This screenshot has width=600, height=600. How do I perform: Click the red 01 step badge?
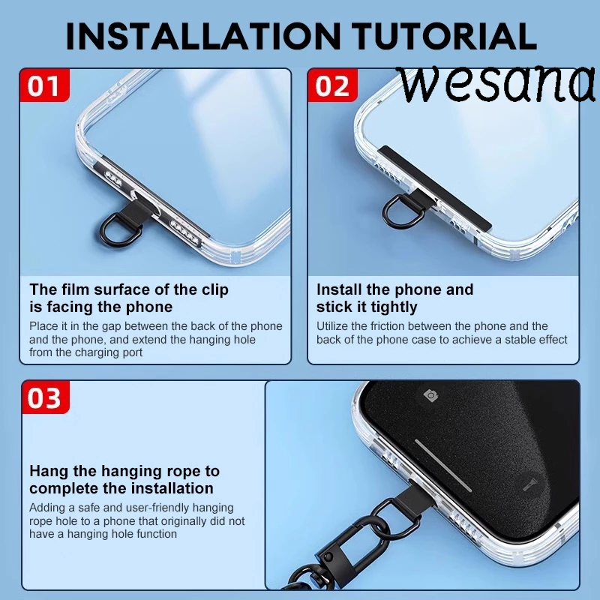[x=45, y=85]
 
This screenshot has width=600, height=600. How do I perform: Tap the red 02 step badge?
[x=332, y=85]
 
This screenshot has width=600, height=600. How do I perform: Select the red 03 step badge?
[x=46, y=397]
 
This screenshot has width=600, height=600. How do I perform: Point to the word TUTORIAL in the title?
[x=444, y=36]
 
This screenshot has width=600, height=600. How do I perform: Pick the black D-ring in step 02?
[x=403, y=211]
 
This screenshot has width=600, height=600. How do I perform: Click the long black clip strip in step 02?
[x=434, y=187]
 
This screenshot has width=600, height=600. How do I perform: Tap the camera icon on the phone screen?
[x=430, y=395]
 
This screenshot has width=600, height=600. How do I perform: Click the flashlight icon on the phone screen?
[x=530, y=484]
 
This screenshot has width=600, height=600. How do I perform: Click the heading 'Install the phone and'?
[x=395, y=289]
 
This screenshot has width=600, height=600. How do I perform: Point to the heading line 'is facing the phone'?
[x=101, y=307]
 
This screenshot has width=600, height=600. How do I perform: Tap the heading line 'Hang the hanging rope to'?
[x=124, y=471]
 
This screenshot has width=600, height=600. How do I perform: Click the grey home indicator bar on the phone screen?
[x=443, y=465]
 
